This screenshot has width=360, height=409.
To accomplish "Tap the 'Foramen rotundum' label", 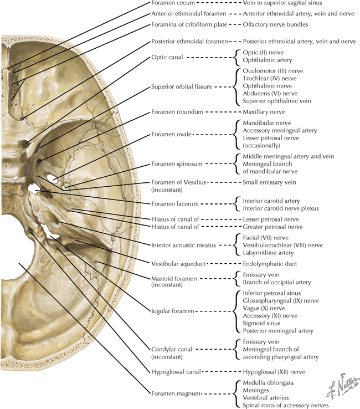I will [x=175, y=111].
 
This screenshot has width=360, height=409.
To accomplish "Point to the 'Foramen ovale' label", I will [x=171, y=134].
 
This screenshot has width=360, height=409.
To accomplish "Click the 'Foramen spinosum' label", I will [x=174, y=165].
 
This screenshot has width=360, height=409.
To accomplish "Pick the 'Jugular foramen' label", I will [x=172, y=311].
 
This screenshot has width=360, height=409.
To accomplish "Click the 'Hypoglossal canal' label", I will [x=175, y=371].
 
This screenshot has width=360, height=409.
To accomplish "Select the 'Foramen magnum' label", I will [x=173, y=393].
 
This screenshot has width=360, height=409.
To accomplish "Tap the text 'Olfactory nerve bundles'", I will [x=275, y=25].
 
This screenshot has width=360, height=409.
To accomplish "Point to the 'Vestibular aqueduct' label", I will [x=178, y=264].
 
